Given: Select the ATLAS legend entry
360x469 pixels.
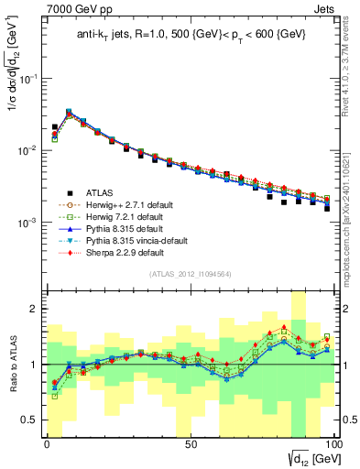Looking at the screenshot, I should coord(101,192).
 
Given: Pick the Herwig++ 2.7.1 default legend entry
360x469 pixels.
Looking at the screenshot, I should coord(124,204).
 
